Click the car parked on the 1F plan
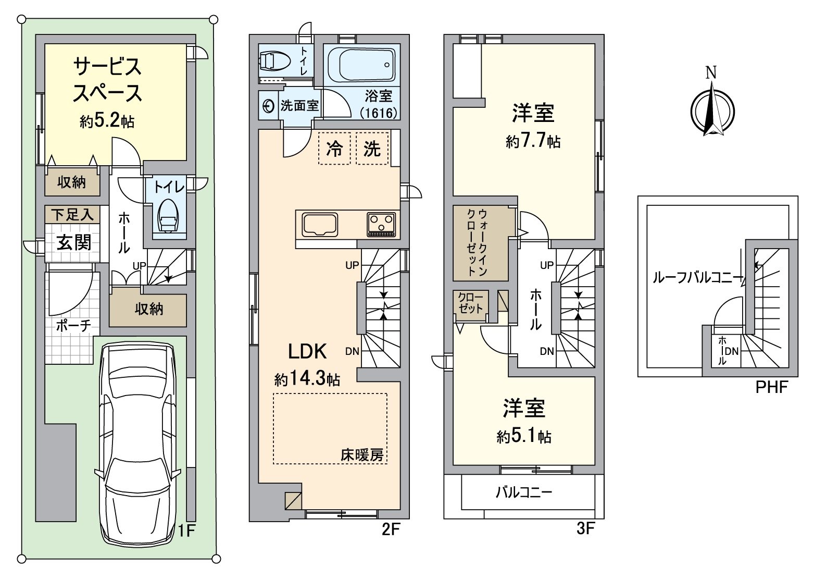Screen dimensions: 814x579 pyautogui.click(x=137, y=443)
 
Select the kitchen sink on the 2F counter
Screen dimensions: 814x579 pyautogui.click(x=320, y=225)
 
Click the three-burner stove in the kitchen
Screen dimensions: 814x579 pyautogui.click(x=381, y=225)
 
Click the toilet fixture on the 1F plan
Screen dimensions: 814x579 pyautogui.click(x=168, y=215)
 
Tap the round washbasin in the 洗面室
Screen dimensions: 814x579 pyautogui.click(x=268, y=106)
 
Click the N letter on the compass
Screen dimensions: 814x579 pyautogui.click(x=711, y=72)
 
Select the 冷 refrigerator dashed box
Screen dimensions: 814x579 pyautogui.click(x=334, y=149)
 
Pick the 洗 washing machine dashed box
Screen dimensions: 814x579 pyautogui.click(x=372, y=149)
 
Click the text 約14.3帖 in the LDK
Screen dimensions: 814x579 pyautogui.click(x=307, y=379)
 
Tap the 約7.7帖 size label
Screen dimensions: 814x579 pyautogui.click(x=533, y=141)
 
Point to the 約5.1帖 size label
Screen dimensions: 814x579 pyautogui.click(x=523, y=436)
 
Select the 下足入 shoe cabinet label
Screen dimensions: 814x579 pyautogui.click(x=72, y=215)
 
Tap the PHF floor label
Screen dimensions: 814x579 pyautogui.click(x=771, y=387)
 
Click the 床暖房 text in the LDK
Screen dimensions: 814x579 pyautogui.click(x=362, y=455)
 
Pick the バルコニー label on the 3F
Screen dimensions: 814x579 pyautogui.click(x=524, y=493)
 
